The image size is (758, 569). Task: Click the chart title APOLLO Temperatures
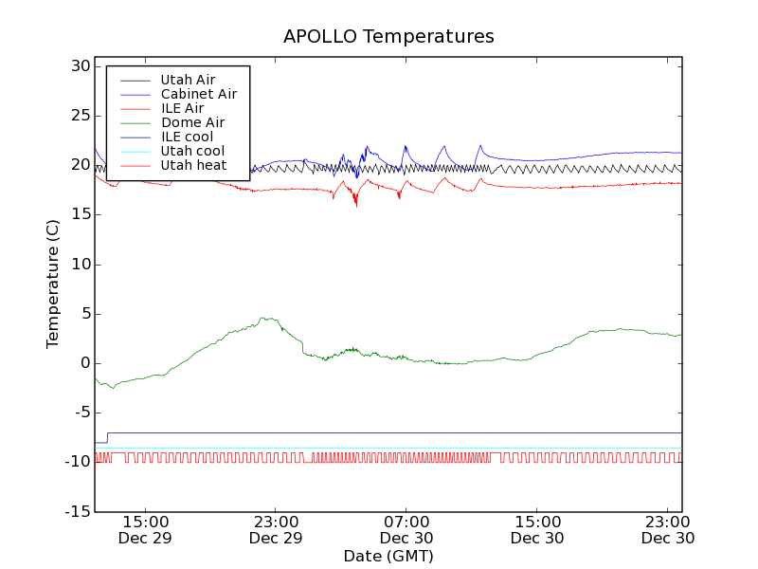click(x=388, y=37)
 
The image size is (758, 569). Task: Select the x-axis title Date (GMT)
click(x=388, y=556)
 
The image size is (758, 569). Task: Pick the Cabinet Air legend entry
click(x=198, y=94)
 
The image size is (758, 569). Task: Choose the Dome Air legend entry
click(x=192, y=122)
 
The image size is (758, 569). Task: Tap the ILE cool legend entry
click(x=187, y=137)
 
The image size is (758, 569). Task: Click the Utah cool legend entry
click(x=192, y=151)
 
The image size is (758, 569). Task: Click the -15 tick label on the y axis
click(x=76, y=511)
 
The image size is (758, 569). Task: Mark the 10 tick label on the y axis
click(x=79, y=264)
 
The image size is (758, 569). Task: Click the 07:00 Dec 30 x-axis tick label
click(x=406, y=529)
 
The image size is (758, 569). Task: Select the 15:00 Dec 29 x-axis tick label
click(x=145, y=529)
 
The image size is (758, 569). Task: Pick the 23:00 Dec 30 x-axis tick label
click(x=668, y=529)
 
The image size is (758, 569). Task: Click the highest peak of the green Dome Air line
click(x=268, y=319)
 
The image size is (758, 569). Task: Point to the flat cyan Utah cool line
click(x=379, y=448)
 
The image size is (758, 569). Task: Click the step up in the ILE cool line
click(x=108, y=437)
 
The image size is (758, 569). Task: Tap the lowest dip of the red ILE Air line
click(x=356, y=205)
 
